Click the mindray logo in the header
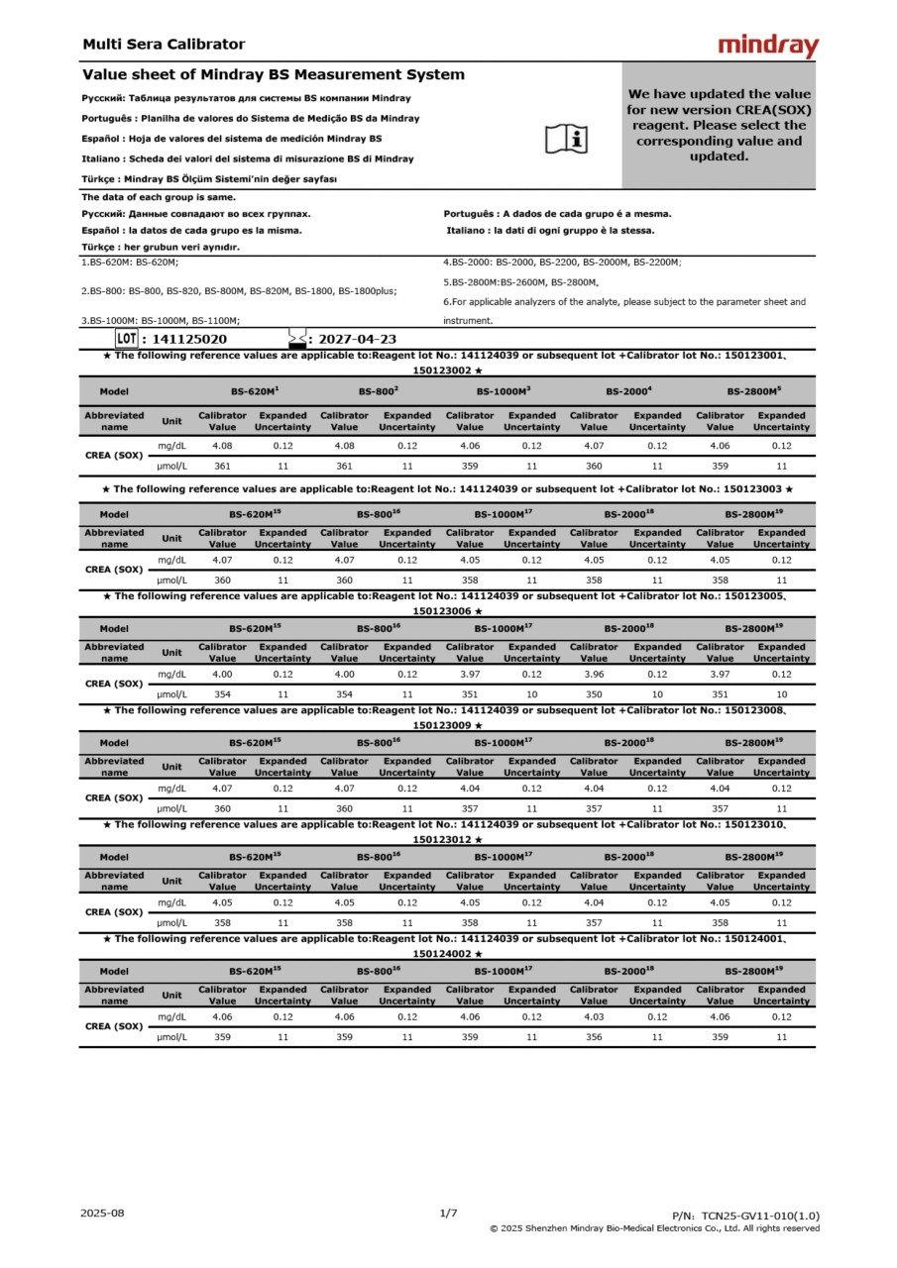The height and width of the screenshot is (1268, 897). click(x=768, y=46)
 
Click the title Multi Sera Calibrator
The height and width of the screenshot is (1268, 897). click(x=164, y=45)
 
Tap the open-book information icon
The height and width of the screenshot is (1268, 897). click(x=567, y=140)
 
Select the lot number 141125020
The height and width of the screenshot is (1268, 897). click(x=189, y=339)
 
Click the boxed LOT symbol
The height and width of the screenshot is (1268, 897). click(x=126, y=339)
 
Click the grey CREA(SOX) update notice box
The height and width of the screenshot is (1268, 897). click(x=718, y=125)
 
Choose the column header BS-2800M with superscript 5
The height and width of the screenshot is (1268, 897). click(x=753, y=392)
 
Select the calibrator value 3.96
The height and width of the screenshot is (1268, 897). click(x=594, y=675)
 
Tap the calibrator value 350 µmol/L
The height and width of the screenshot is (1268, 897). click(x=594, y=694)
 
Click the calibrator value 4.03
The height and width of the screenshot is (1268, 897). click(x=594, y=1017)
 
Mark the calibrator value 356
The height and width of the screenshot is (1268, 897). click(x=594, y=1037)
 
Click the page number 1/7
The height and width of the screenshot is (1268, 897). click(x=448, y=1213)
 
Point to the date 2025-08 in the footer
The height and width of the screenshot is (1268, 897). click(x=103, y=1213)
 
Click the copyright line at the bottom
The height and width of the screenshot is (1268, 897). click(x=654, y=1228)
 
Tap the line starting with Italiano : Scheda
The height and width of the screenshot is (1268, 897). click(x=248, y=158)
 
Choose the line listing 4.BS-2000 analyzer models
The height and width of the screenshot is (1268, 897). click(x=562, y=263)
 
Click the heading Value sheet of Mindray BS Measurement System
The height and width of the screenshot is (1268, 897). click(x=273, y=75)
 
